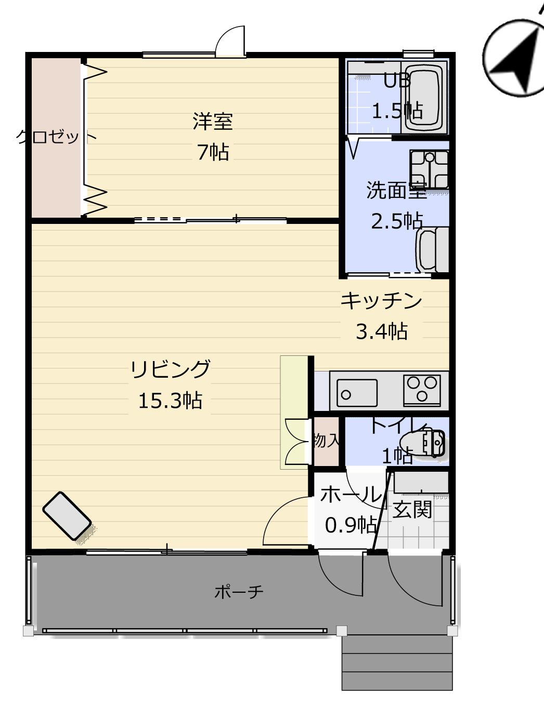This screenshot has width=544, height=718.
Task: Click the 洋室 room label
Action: click(x=213, y=122)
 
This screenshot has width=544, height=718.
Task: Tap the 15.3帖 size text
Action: click(x=170, y=401)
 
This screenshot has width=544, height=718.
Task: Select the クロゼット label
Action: click(x=56, y=137)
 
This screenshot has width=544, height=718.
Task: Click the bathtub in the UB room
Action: click(x=424, y=98)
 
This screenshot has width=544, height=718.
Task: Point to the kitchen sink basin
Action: click(x=357, y=393)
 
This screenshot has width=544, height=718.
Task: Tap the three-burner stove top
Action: click(x=422, y=390)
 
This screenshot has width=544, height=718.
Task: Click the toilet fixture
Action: click(x=422, y=443)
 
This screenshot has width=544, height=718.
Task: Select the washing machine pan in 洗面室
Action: click(x=430, y=169)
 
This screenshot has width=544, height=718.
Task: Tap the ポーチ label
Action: click(x=239, y=592)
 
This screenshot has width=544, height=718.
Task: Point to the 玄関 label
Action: click(x=412, y=509)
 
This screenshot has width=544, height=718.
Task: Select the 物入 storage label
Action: click(x=327, y=440)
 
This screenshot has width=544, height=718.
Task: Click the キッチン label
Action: click(x=382, y=301)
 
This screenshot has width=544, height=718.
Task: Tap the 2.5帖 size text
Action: click(x=397, y=221)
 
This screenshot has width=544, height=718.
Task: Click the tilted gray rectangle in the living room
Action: click(x=67, y=516)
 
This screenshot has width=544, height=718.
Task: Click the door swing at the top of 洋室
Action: click(x=230, y=42)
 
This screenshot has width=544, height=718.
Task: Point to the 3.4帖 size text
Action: click(x=382, y=331)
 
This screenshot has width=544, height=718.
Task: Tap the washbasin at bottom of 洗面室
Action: click(x=432, y=249)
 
